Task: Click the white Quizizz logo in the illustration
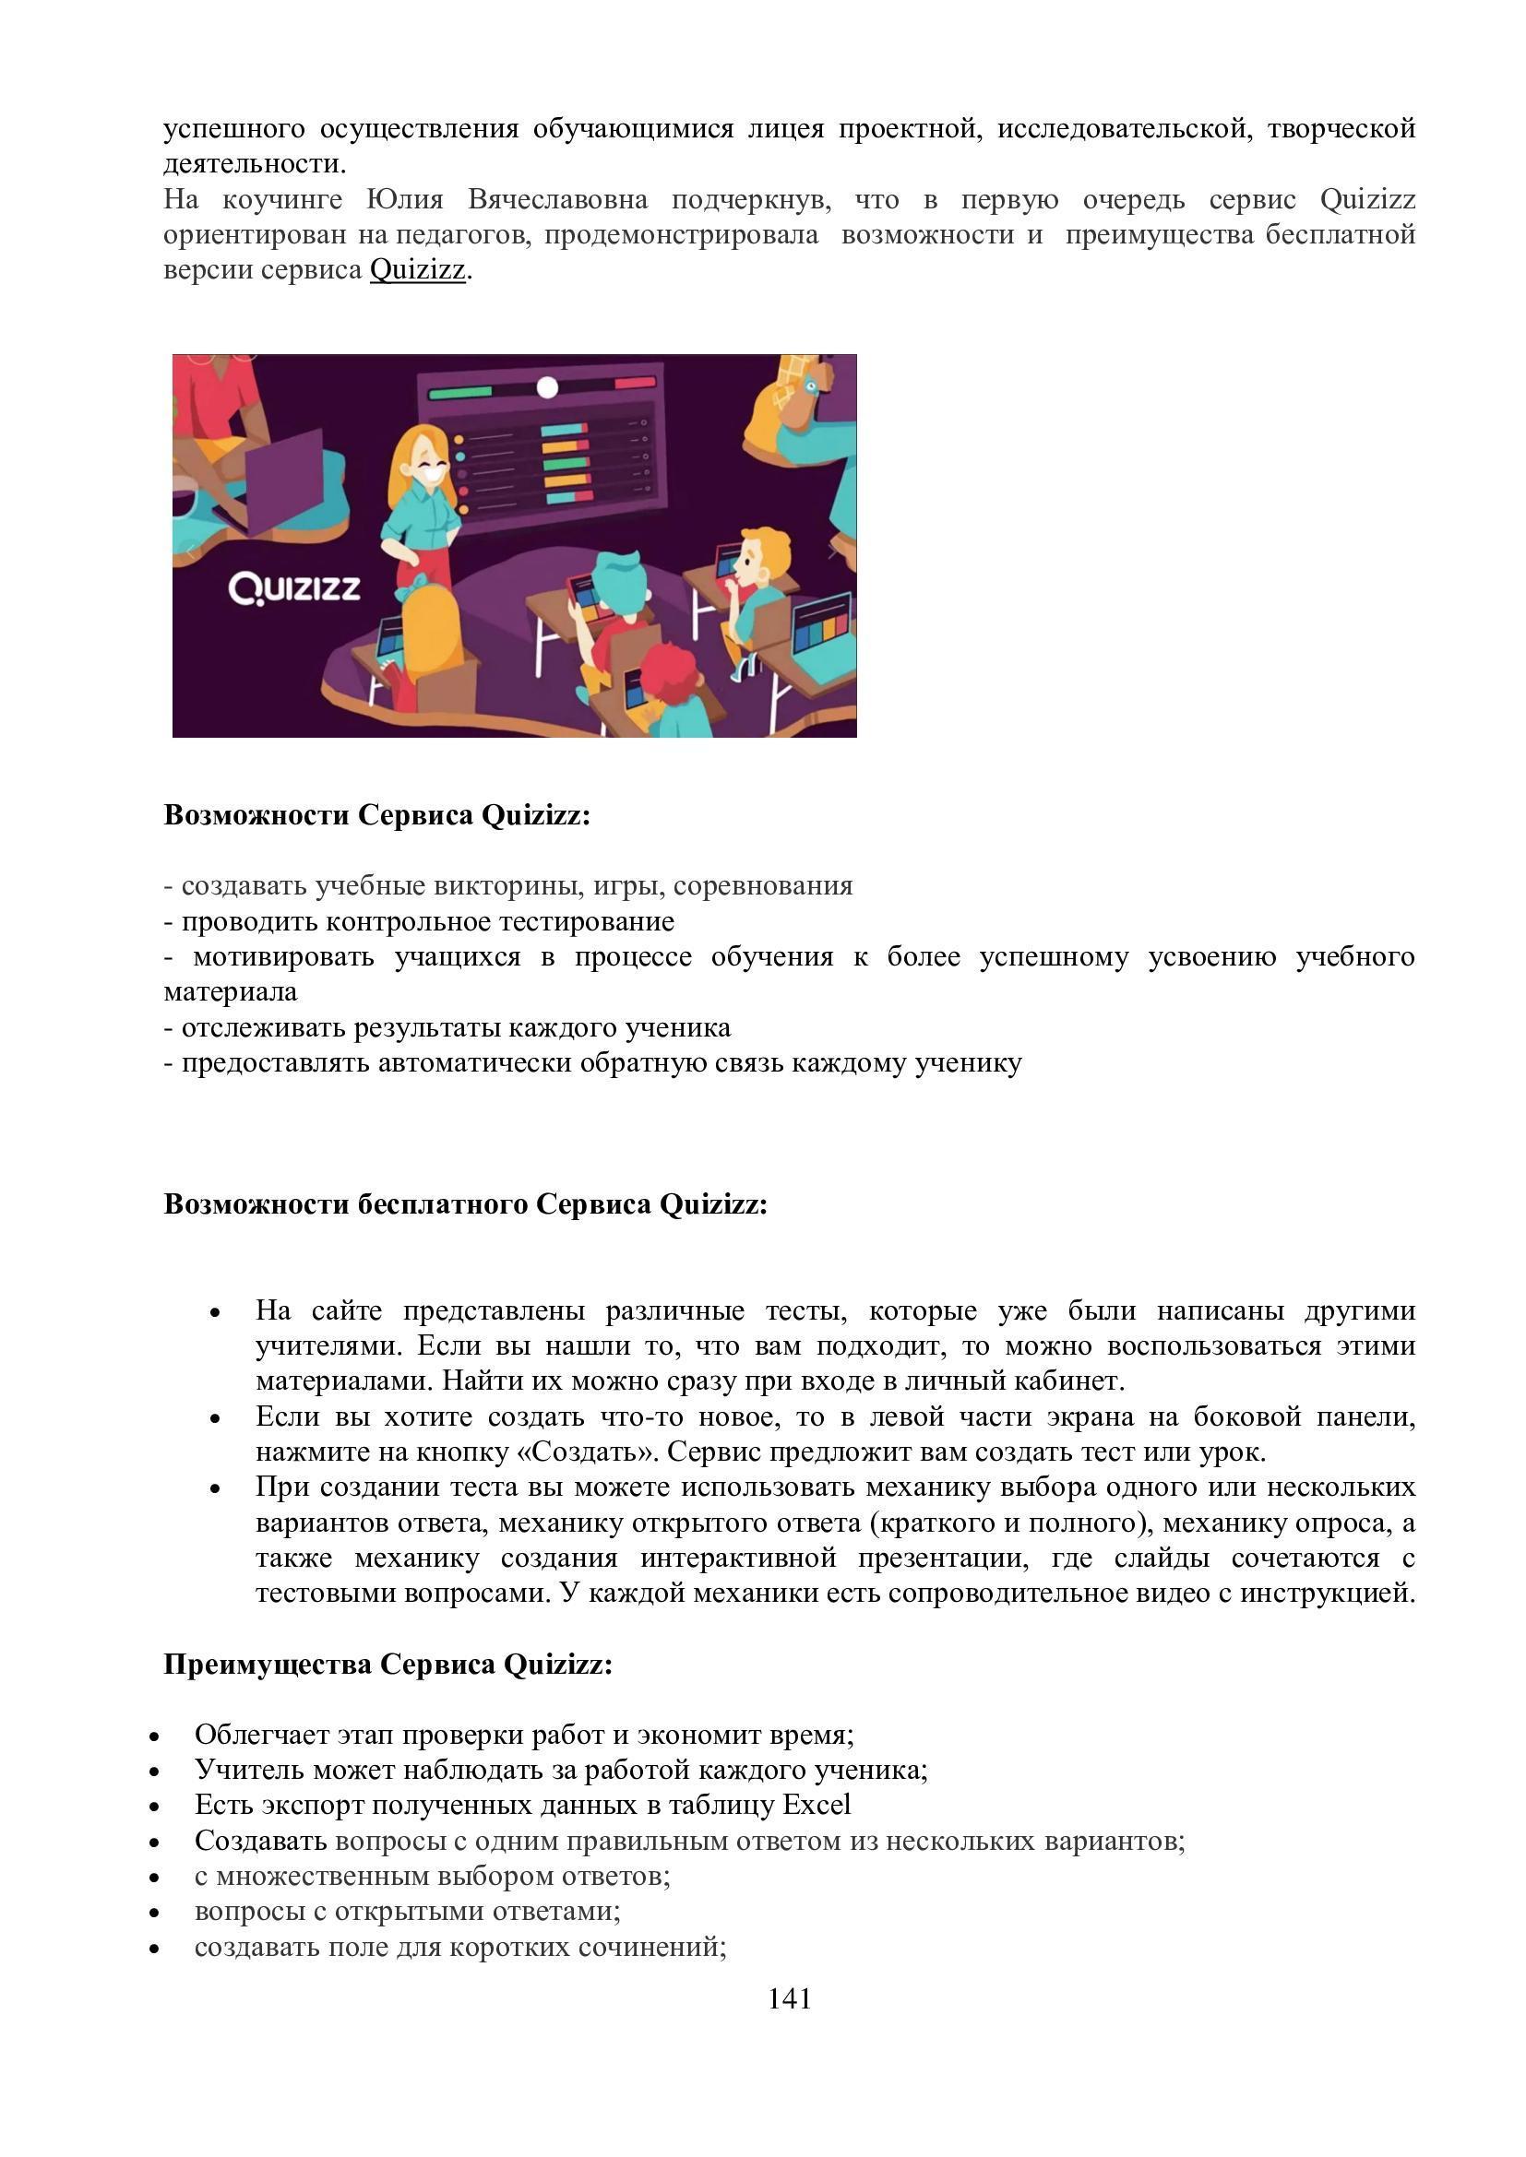[294, 589]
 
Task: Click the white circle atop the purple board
[547, 387]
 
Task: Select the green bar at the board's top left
[460, 392]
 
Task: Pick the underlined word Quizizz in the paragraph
[417, 269]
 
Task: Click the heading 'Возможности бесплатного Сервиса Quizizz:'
[465, 1204]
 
